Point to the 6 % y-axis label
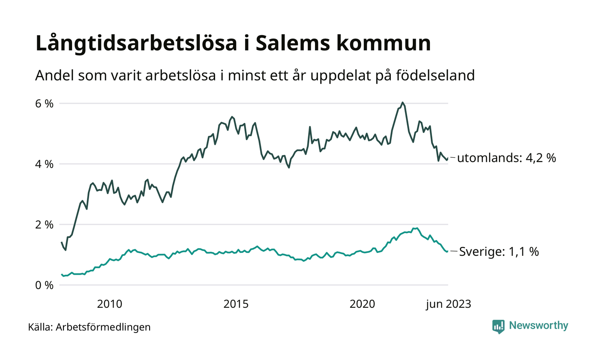(x=45, y=103)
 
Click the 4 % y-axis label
(x=45, y=164)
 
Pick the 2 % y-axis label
(x=45, y=225)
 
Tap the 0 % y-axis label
(x=45, y=285)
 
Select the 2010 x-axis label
(x=110, y=304)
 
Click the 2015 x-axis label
(x=236, y=304)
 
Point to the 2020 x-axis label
(x=363, y=304)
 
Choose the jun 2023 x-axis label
(x=448, y=304)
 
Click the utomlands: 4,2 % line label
(x=506, y=158)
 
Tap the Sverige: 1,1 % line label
(x=499, y=252)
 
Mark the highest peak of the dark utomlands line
(x=402, y=102)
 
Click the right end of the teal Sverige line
(x=447, y=251)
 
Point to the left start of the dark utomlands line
(x=62, y=242)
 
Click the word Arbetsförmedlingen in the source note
(x=103, y=327)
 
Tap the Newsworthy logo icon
(x=498, y=326)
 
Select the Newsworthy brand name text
(x=538, y=326)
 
